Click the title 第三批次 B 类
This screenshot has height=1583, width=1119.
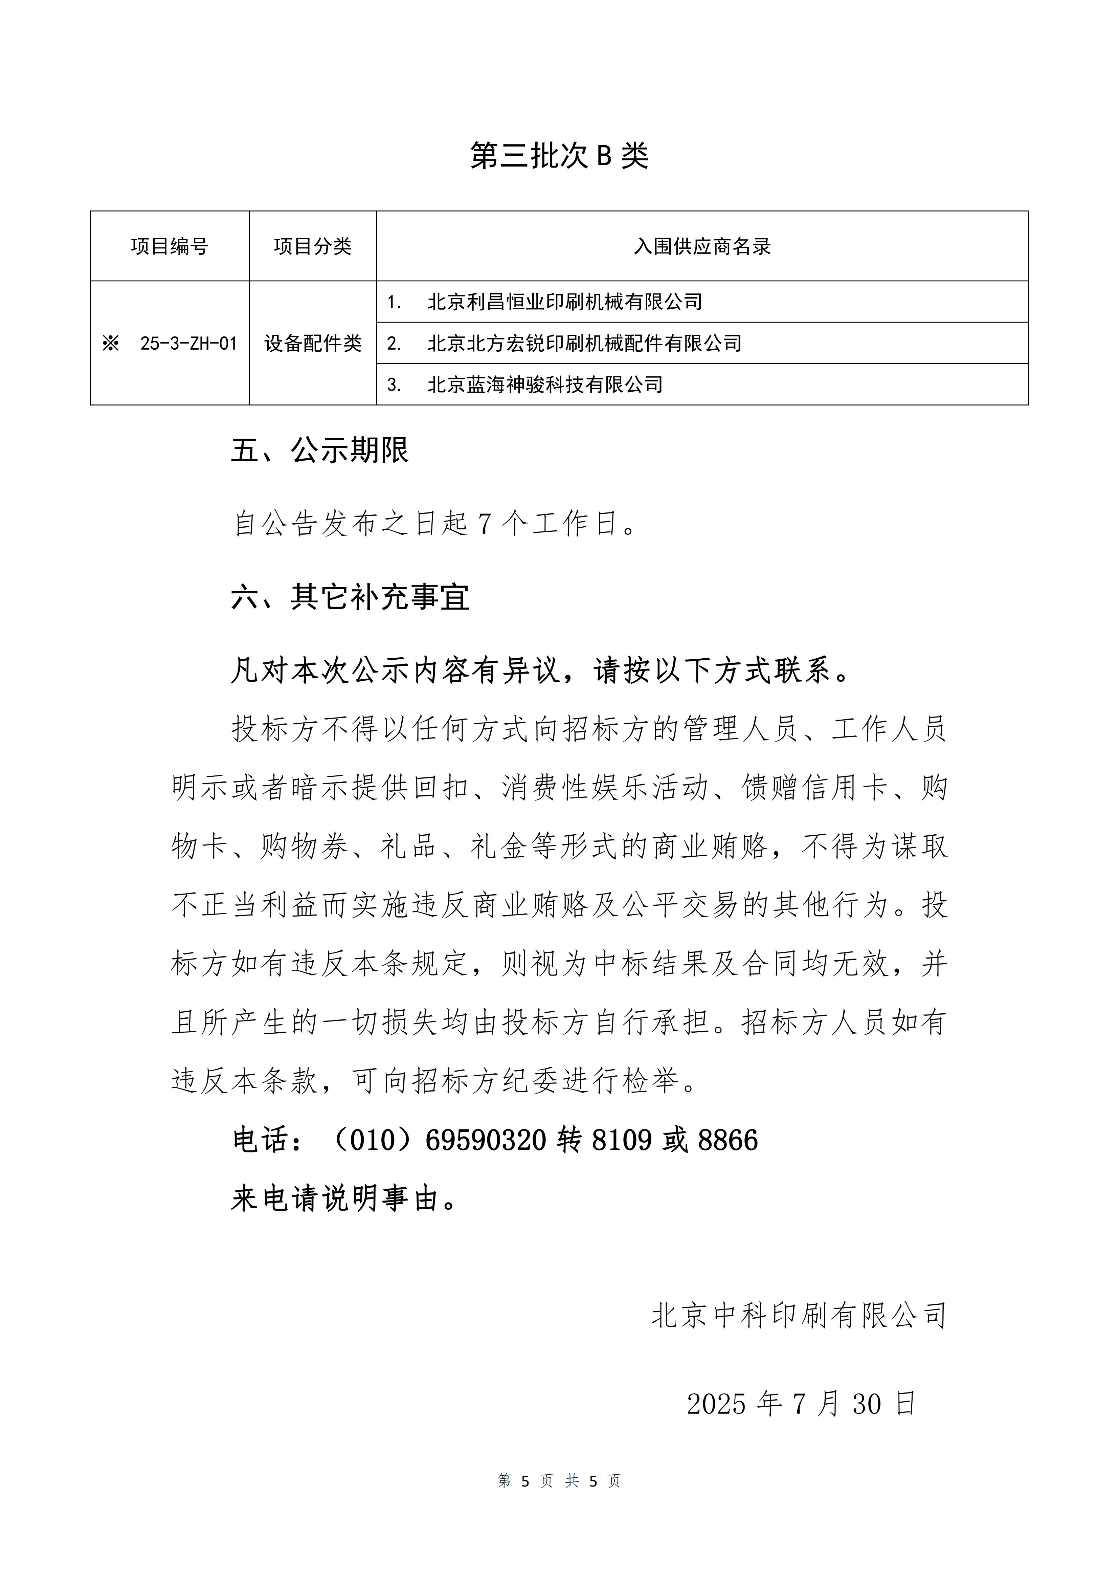tap(559, 156)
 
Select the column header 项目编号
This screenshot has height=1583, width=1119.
tap(170, 246)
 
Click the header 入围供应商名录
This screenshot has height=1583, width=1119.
tap(702, 246)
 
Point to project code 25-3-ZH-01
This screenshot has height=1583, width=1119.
tap(188, 343)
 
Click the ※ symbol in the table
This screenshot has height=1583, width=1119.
tap(110, 343)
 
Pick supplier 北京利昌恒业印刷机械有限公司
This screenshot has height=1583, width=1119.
tap(564, 302)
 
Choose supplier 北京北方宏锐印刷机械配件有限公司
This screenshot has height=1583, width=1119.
tap(584, 343)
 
